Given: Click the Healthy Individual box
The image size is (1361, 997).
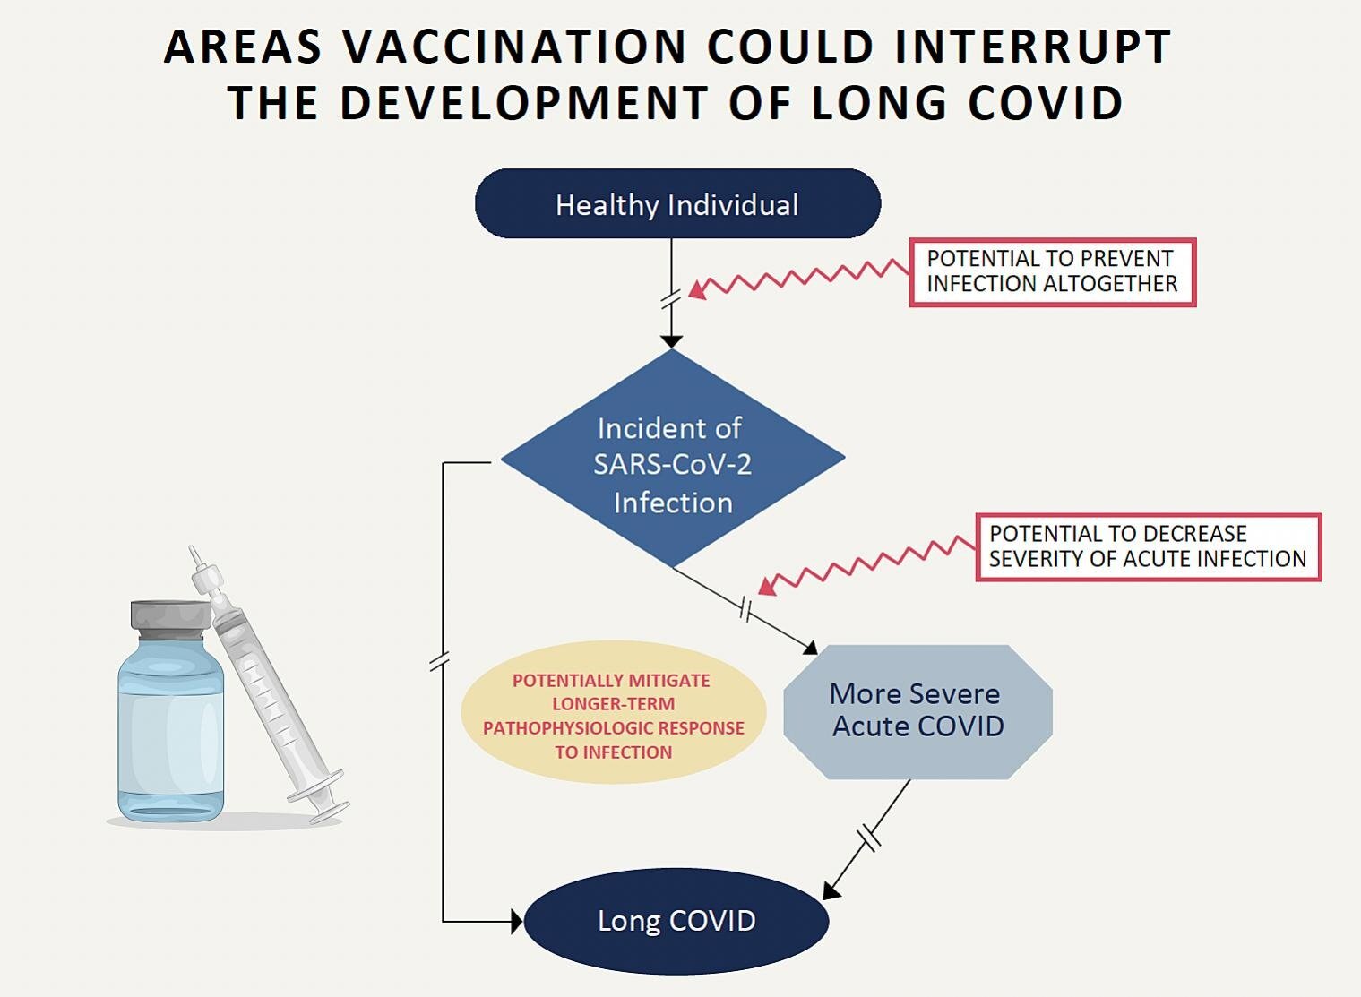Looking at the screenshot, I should [677, 204].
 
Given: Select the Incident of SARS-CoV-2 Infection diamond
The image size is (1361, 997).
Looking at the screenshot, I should [672, 459].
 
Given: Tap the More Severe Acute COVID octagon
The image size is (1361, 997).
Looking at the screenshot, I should [917, 711].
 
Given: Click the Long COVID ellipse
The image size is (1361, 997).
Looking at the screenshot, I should [676, 921].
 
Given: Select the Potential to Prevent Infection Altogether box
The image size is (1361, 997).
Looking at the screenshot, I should [1052, 271].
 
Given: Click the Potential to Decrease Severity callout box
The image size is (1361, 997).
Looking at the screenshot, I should [1148, 546].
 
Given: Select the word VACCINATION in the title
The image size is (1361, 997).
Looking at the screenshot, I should [514, 47].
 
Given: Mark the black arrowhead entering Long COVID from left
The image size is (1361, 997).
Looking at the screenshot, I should [516, 921].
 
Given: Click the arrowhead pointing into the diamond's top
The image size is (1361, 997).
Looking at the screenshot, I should [671, 341].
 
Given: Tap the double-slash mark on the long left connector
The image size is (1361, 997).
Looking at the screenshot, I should [439, 662].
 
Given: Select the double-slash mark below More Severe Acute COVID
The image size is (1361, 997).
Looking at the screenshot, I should [869, 838].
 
